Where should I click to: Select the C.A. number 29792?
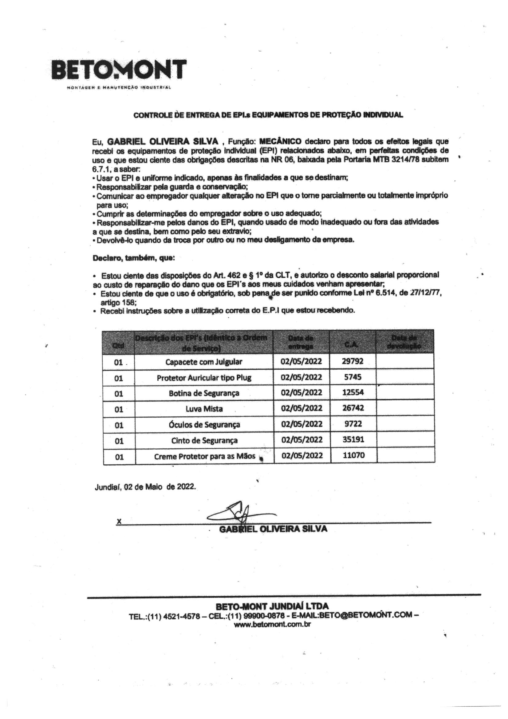(x=353, y=361)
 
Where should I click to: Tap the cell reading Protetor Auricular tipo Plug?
(x=204, y=378)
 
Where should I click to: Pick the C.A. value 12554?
(x=353, y=392)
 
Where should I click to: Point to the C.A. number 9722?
(x=353, y=424)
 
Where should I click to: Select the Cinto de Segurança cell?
(x=204, y=440)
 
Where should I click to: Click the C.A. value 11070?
(x=353, y=455)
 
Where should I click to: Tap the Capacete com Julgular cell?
(x=204, y=362)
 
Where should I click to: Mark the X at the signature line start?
(x=119, y=521)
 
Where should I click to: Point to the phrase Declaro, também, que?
(x=134, y=258)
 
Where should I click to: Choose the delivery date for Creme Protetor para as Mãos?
(x=302, y=455)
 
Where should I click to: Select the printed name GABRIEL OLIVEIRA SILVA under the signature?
(x=273, y=529)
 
